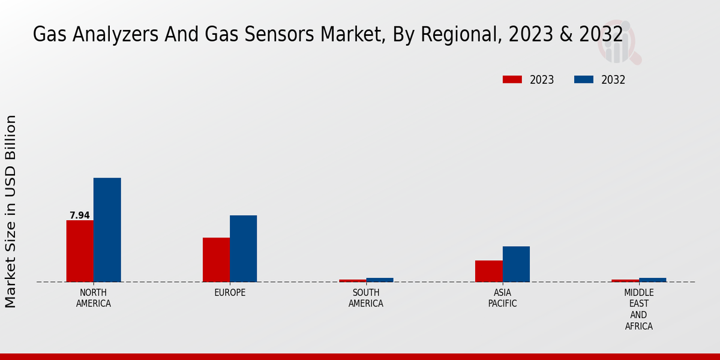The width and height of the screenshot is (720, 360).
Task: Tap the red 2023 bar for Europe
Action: tap(216, 260)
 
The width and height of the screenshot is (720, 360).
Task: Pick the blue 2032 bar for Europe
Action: tap(243, 248)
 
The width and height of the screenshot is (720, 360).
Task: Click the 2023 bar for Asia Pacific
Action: tap(488, 271)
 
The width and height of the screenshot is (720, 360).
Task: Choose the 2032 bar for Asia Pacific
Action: tap(516, 264)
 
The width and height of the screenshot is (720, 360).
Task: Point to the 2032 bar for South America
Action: tap(380, 280)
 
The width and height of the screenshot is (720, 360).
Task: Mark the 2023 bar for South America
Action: tap(352, 280)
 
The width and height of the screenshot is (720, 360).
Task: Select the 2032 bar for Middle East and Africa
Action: tap(652, 280)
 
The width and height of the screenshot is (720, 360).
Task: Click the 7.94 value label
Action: tap(80, 215)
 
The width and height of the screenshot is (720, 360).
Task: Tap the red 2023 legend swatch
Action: tap(512, 80)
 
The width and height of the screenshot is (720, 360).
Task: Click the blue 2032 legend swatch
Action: tap(584, 80)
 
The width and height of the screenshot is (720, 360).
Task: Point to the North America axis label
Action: tap(94, 298)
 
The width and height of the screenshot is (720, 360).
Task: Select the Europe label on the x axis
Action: tap(230, 293)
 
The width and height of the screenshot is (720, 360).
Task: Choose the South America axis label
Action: tap(366, 298)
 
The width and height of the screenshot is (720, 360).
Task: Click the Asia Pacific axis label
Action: tap(502, 298)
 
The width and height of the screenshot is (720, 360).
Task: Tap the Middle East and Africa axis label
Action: tap(638, 310)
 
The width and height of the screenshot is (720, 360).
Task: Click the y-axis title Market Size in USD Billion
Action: tap(11, 211)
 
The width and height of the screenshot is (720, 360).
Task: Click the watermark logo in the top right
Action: tap(618, 42)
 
